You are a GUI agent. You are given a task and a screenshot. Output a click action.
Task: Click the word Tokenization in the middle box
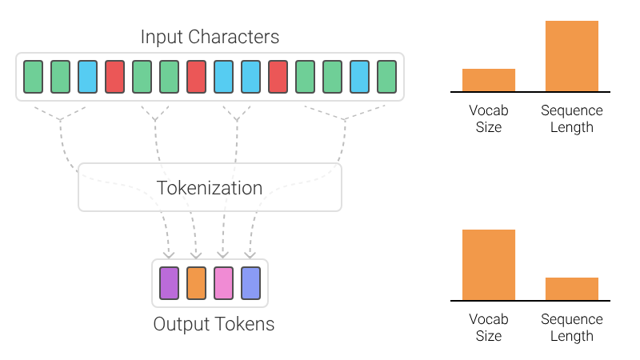click(210, 188)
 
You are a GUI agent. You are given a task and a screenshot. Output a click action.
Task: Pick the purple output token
click(169, 283)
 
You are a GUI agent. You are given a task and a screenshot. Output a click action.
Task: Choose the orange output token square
click(196, 283)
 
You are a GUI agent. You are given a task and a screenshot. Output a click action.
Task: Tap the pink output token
click(223, 283)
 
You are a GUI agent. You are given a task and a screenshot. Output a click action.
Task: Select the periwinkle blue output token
click(250, 283)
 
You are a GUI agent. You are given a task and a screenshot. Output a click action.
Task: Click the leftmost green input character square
click(33, 76)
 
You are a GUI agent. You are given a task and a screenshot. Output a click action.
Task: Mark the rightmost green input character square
click(386, 76)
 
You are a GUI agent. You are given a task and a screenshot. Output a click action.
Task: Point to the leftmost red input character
click(114, 76)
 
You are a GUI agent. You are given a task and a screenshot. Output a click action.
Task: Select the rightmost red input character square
click(278, 76)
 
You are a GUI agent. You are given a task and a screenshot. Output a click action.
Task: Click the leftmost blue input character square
click(87, 76)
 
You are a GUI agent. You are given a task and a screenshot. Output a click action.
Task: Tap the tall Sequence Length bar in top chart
click(572, 56)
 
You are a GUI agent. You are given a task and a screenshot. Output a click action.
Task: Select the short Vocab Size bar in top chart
click(489, 80)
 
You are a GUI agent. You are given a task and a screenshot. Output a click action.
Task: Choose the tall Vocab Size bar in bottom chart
click(489, 265)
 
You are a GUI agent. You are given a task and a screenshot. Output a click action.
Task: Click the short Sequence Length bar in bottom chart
click(572, 289)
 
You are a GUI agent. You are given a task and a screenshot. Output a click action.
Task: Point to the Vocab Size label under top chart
click(489, 118)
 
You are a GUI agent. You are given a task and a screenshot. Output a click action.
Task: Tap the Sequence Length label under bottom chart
click(572, 327)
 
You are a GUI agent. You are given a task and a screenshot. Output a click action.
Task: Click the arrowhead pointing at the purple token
click(169, 255)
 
